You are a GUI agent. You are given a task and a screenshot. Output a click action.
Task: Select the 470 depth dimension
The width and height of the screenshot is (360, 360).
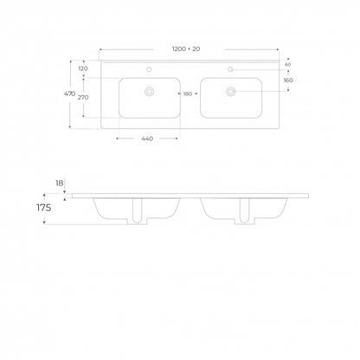tap(70, 94)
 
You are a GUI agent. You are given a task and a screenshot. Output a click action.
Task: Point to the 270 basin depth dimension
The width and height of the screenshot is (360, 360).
tap(83, 98)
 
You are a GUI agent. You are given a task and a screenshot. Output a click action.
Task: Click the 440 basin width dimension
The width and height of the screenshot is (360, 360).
tap(147, 139)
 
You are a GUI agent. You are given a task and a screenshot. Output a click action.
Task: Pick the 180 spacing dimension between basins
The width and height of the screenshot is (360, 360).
tap(187, 93)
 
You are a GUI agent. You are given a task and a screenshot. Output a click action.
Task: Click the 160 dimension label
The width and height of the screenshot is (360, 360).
tap(287, 80)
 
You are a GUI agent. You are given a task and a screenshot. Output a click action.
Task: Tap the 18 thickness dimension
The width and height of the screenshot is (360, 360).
tap(59, 183)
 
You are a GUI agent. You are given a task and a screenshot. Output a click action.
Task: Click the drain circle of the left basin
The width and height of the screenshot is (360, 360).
tap(149, 91)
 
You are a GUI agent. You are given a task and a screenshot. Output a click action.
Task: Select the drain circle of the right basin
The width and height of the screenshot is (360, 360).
tap(231, 91)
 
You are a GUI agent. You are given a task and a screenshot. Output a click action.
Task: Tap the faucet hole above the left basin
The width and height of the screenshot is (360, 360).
tap(149, 69)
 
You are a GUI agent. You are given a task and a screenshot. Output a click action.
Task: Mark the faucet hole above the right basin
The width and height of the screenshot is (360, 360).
tap(231, 69)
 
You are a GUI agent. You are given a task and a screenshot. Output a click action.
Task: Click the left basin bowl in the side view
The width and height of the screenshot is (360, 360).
tap(112, 208)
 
